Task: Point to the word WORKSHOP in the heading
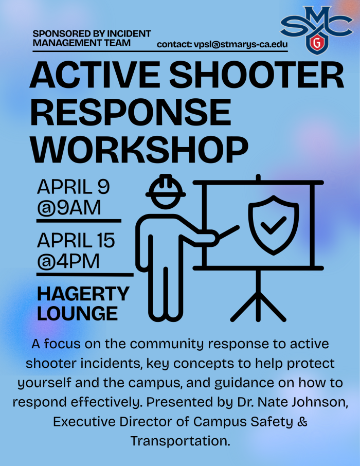pyautogui.click(x=139, y=148)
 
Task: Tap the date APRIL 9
pyautogui.click(x=73, y=187)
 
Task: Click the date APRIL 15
pyautogui.click(x=76, y=240)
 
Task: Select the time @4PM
pyautogui.click(x=68, y=261)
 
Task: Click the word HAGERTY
pyautogui.click(x=83, y=294)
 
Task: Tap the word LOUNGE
pyautogui.click(x=77, y=313)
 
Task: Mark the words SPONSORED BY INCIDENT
pyautogui.click(x=92, y=34)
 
